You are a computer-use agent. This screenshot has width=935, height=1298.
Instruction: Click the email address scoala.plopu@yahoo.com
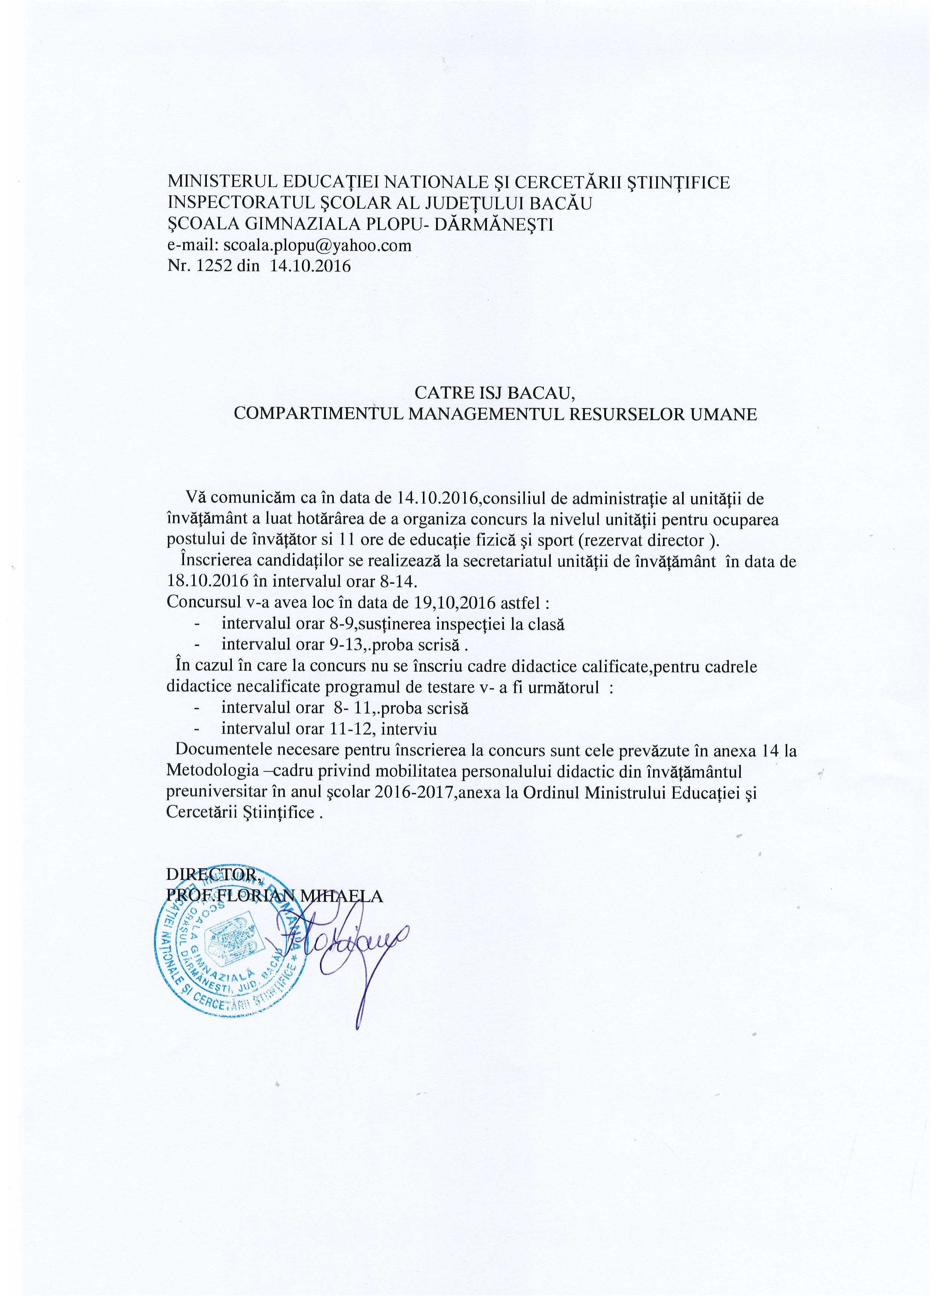(x=315, y=245)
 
